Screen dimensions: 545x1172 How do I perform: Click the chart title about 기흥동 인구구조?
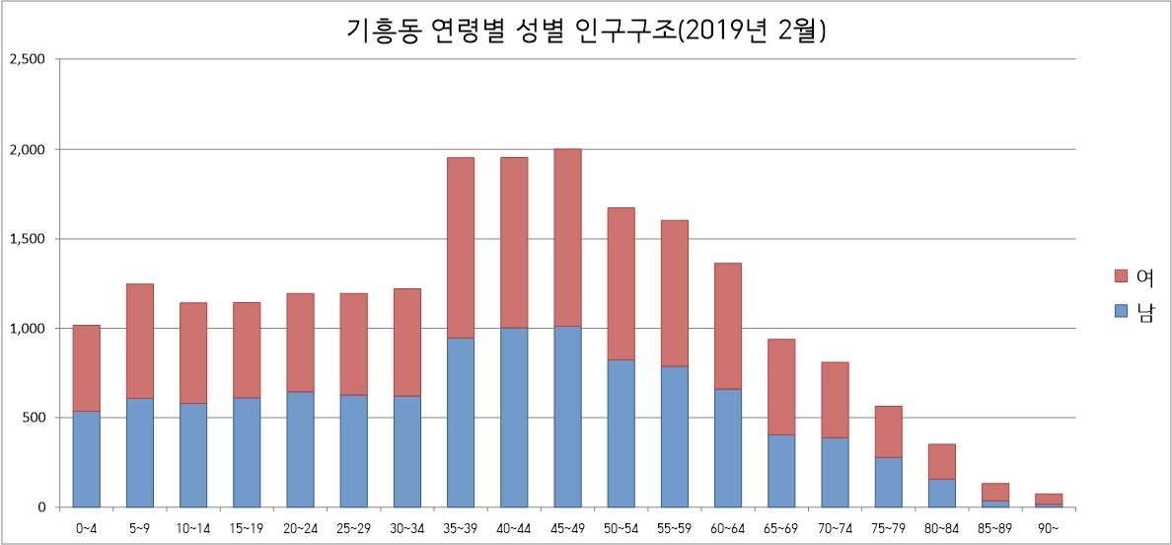pyautogui.click(x=586, y=31)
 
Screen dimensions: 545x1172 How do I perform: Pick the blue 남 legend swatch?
pyautogui.click(x=1120, y=311)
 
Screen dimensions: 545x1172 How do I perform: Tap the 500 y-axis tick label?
pyautogui.click(x=36, y=418)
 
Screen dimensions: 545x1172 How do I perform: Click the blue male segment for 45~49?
pyautogui.click(x=567, y=416)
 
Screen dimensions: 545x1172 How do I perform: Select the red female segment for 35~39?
pyautogui.click(x=461, y=248)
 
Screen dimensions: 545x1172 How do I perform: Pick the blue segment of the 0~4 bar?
pyautogui.click(x=87, y=458)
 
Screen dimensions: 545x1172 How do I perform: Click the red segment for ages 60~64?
pyautogui.click(x=727, y=326)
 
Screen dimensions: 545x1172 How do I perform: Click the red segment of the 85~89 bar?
pyautogui.click(x=994, y=492)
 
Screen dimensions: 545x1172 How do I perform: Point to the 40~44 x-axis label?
pyautogui.click(x=514, y=528)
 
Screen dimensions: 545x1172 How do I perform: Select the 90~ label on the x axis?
pyautogui.click(x=1048, y=528)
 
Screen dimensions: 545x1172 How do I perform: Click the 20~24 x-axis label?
pyautogui.click(x=300, y=528)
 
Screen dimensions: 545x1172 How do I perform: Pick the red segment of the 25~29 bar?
pyautogui.click(x=353, y=344)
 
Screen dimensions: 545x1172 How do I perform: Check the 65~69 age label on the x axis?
pyautogui.click(x=780, y=528)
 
